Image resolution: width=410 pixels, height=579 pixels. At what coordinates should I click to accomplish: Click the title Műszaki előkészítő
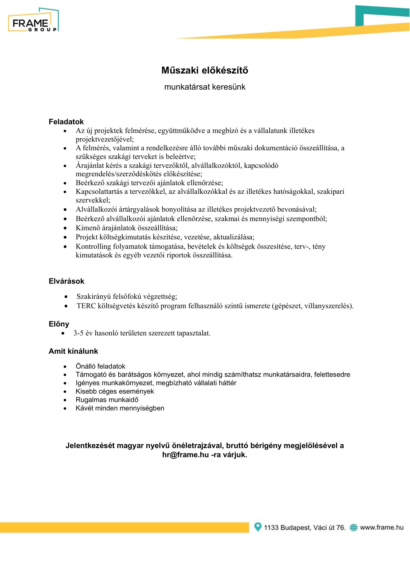point(205,70)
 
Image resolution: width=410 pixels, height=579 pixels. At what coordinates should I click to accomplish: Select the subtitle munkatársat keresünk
point(205,87)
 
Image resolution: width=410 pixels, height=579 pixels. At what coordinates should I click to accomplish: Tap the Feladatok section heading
point(66,122)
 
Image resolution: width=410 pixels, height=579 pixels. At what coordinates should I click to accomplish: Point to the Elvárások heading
point(66,281)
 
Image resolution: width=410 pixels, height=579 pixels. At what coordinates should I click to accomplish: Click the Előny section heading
point(59,324)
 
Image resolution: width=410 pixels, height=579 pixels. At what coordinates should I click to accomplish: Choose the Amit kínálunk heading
point(73,351)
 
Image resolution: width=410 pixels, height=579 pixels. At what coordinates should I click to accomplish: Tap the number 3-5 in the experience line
point(79,333)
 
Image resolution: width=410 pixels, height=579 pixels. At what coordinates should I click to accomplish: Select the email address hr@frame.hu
point(186,455)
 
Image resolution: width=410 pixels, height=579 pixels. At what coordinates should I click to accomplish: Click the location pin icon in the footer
point(258,527)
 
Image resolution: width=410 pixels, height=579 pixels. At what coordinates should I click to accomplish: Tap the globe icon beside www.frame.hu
point(354,527)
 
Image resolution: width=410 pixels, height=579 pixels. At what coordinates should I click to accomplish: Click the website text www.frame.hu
point(382,527)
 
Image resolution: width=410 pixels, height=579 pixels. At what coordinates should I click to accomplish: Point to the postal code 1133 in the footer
point(271,528)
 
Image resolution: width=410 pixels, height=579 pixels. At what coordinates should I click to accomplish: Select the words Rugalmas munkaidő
point(107,400)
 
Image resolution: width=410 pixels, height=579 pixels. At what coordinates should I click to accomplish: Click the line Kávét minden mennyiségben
point(120,408)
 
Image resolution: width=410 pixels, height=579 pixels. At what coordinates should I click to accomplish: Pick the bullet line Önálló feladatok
point(100,366)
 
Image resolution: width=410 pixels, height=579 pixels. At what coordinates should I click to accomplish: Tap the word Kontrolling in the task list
point(93,246)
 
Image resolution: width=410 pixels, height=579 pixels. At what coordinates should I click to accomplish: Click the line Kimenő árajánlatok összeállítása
point(127,228)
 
